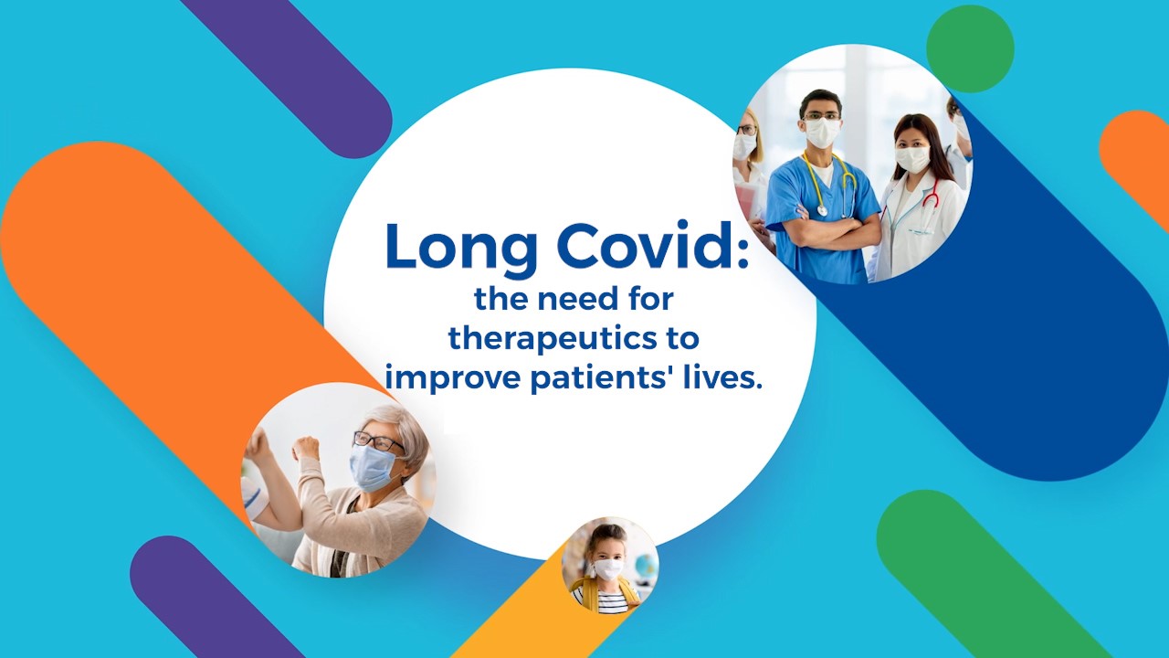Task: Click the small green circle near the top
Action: tap(970, 49)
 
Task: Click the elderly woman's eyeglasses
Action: tap(377, 441)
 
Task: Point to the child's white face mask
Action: tap(608, 568)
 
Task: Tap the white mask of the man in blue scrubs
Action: tap(823, 133)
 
